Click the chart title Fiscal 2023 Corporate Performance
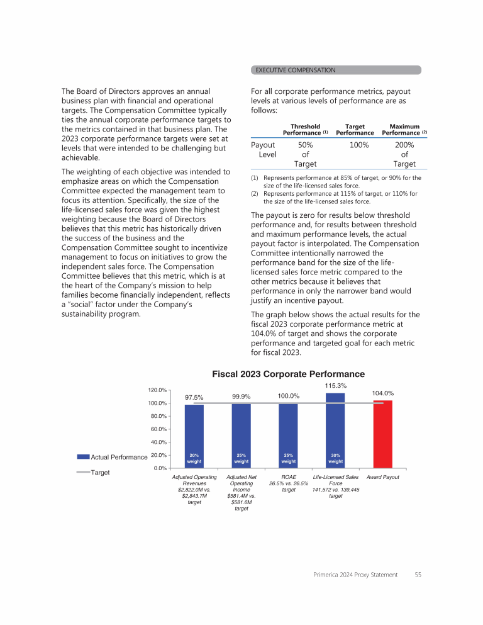point(288,374)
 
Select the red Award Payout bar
point(382,434)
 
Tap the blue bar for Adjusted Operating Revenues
point(194,436)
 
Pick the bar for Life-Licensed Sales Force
point(335,431)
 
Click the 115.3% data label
point(335,385)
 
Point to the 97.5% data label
point(194,397)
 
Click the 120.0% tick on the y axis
point(158,390)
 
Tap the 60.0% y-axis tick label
point(158,429)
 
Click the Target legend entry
point(101,471)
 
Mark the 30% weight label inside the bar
point(335,458)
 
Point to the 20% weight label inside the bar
point(194,458)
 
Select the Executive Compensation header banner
point(336,70)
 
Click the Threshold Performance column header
point(305,130)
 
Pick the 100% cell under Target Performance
point(359,145)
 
